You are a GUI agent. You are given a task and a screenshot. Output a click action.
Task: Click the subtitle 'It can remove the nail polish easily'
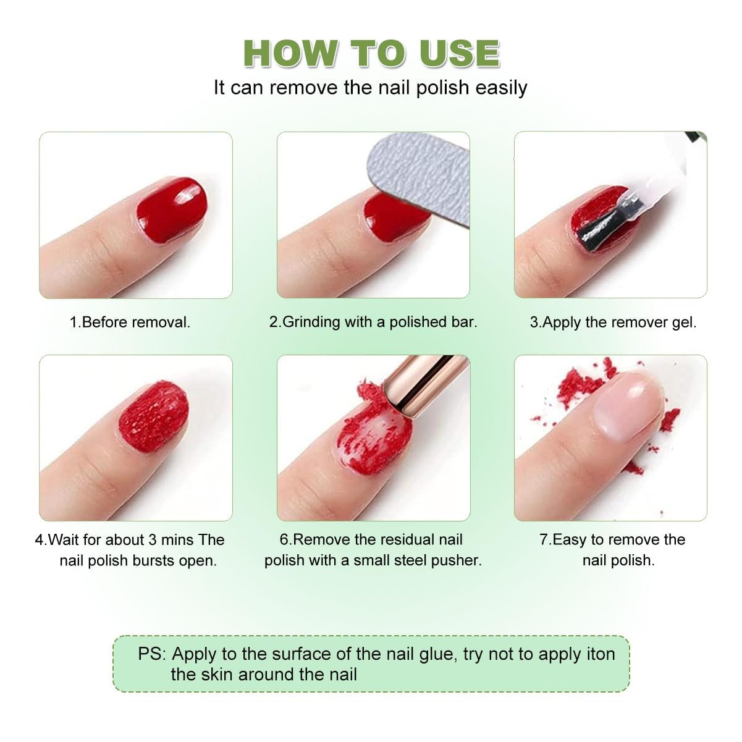371,88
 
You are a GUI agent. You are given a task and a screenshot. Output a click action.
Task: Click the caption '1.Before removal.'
130,322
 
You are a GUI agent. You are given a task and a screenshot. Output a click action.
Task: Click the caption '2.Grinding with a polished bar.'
373,322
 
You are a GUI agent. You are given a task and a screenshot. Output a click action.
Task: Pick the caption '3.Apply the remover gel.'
613,322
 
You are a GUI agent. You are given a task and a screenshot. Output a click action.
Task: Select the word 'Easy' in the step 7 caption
569,540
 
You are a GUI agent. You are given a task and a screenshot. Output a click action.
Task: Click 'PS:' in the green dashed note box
152,654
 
